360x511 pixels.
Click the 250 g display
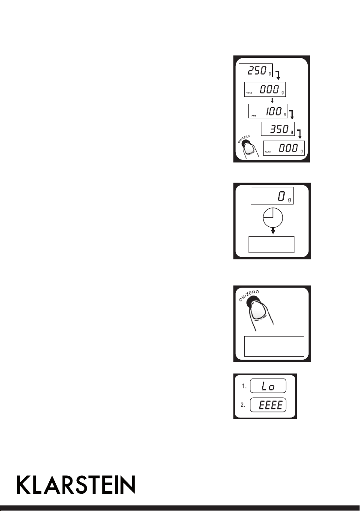tap(255, 70)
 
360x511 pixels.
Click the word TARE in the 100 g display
tap(253, 116)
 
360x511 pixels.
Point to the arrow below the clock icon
tap(273, 231)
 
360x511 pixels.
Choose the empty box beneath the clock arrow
tap(272, 244)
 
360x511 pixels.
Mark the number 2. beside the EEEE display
tap(243, 405)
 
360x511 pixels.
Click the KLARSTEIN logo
tap(76, 485)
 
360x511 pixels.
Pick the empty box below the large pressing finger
tap(274, 346)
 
